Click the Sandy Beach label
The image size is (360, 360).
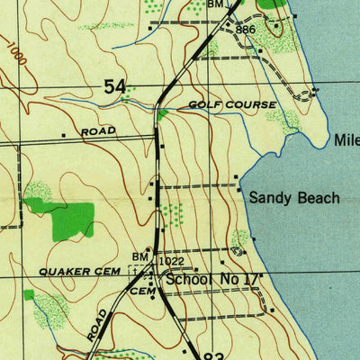click(x=294, y=197)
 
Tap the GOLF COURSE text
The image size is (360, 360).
click(x=232, y=105)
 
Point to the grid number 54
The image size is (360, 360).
click(x=114, y=87)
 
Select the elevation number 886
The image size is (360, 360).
click(x=247, y=31)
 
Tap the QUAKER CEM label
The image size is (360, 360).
click(x=85, y=270)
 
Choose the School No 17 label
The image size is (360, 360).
click(x=211, y=280)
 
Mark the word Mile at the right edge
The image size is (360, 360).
click(x=346, y=141)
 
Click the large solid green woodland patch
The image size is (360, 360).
click(x=70, y=220)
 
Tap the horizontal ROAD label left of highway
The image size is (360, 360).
click(x=98, y=131)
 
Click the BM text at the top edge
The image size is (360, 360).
click(x=214, y=4)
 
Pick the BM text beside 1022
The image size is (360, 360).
click(x=141, y=257)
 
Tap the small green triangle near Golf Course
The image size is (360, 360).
click(x=162, y=114)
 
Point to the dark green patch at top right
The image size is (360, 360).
click(x=275, y=4)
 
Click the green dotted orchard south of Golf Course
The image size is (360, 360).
click(x=170, y=214)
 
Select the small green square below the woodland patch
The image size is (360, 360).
click(x=29, y=294)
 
